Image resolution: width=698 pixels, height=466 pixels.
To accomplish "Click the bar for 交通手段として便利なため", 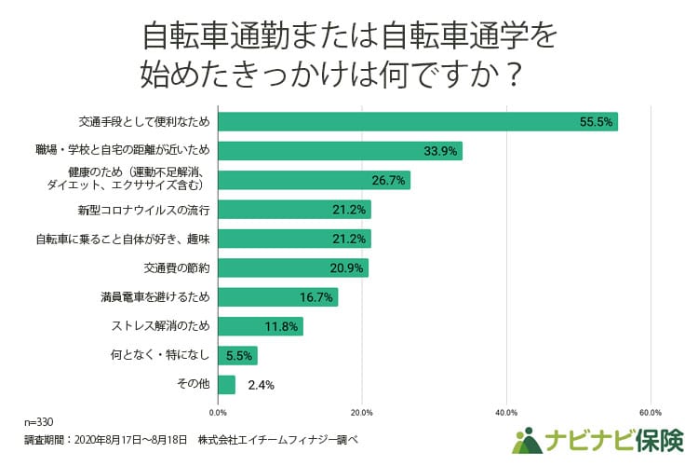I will (417, 122).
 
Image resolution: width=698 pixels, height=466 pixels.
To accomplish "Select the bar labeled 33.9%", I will (340, 151).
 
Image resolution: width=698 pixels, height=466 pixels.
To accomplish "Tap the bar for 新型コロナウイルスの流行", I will (294, 210).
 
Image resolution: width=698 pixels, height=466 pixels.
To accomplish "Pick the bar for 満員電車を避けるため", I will (277, 297).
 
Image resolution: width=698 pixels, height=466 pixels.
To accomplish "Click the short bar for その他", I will (226, 384).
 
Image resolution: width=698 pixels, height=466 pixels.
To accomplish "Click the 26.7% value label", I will (388, 181).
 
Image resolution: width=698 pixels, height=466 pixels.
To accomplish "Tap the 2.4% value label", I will (260, 384).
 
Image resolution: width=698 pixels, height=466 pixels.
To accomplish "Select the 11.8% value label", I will (281, 326).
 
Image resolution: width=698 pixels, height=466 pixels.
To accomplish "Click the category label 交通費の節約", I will (177, 268).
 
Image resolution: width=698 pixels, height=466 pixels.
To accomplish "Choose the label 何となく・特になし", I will (154, 355).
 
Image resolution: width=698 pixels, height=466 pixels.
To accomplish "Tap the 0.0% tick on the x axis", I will (218, 412).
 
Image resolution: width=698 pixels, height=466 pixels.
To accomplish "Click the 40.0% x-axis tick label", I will (506, 412).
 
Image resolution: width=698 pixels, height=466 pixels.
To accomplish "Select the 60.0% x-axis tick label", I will (651, 412).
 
